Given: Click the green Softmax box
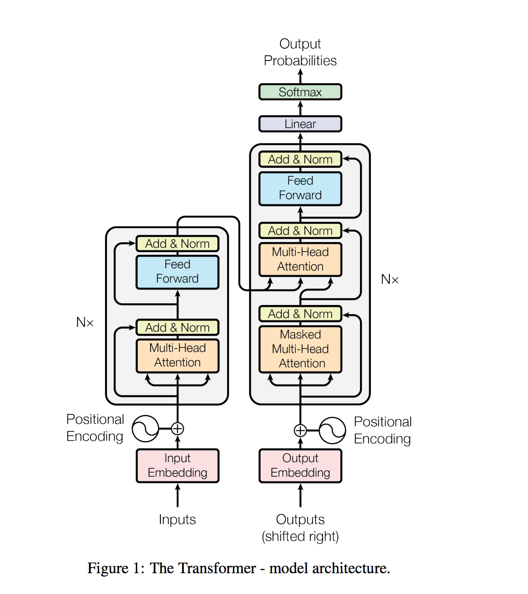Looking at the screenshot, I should pos(300,92).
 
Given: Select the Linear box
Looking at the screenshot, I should pos(300,124).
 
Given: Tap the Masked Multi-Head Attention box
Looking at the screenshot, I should pos(300,349).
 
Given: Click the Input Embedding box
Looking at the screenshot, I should pos(177,465).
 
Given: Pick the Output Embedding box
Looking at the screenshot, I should pos(300,465).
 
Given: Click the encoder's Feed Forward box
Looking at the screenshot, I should pos(177,272).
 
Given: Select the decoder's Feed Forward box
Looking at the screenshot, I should pos(300,188).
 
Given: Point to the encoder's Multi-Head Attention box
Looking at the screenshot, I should pos(177,356).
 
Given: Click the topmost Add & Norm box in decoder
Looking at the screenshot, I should pos(300,159).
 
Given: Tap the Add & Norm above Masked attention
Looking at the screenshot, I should pos(300,314).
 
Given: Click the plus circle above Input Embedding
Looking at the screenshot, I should pos(177,428).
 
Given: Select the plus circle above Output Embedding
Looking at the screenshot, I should pos(300,430).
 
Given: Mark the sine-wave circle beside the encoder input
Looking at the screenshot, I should pos(145,428).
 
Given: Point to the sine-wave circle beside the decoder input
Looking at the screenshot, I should pos(332,430).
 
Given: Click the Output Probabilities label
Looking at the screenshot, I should pos(300,52).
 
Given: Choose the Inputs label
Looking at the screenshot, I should pos(177,519).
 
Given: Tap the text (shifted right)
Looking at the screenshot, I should pos(300,536).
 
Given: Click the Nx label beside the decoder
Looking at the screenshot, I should pos(390,280).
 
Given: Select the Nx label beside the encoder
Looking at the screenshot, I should pos(85,323).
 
